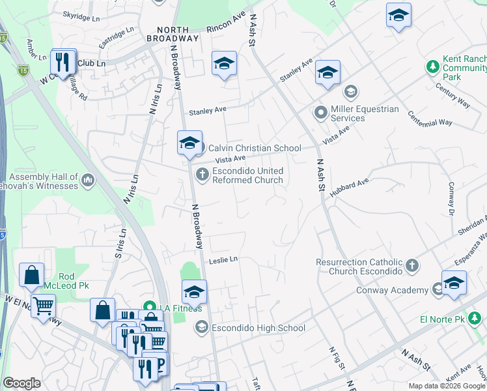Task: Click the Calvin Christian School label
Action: pyautogui.click(x=255, y=148)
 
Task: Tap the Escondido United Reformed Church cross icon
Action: pyautogui.click(x=202, y=173)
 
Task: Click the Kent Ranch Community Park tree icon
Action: pyautogui.click(x=432, y=66)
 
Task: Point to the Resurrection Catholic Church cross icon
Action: pyautogui.click(x=411, y=266)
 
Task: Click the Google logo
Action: pyautogui.click(x=21, y=383)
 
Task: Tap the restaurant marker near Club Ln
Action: pyautogui.click(x=62, y=63)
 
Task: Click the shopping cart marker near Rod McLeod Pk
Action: pyautogui.click(x=43, y=305)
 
